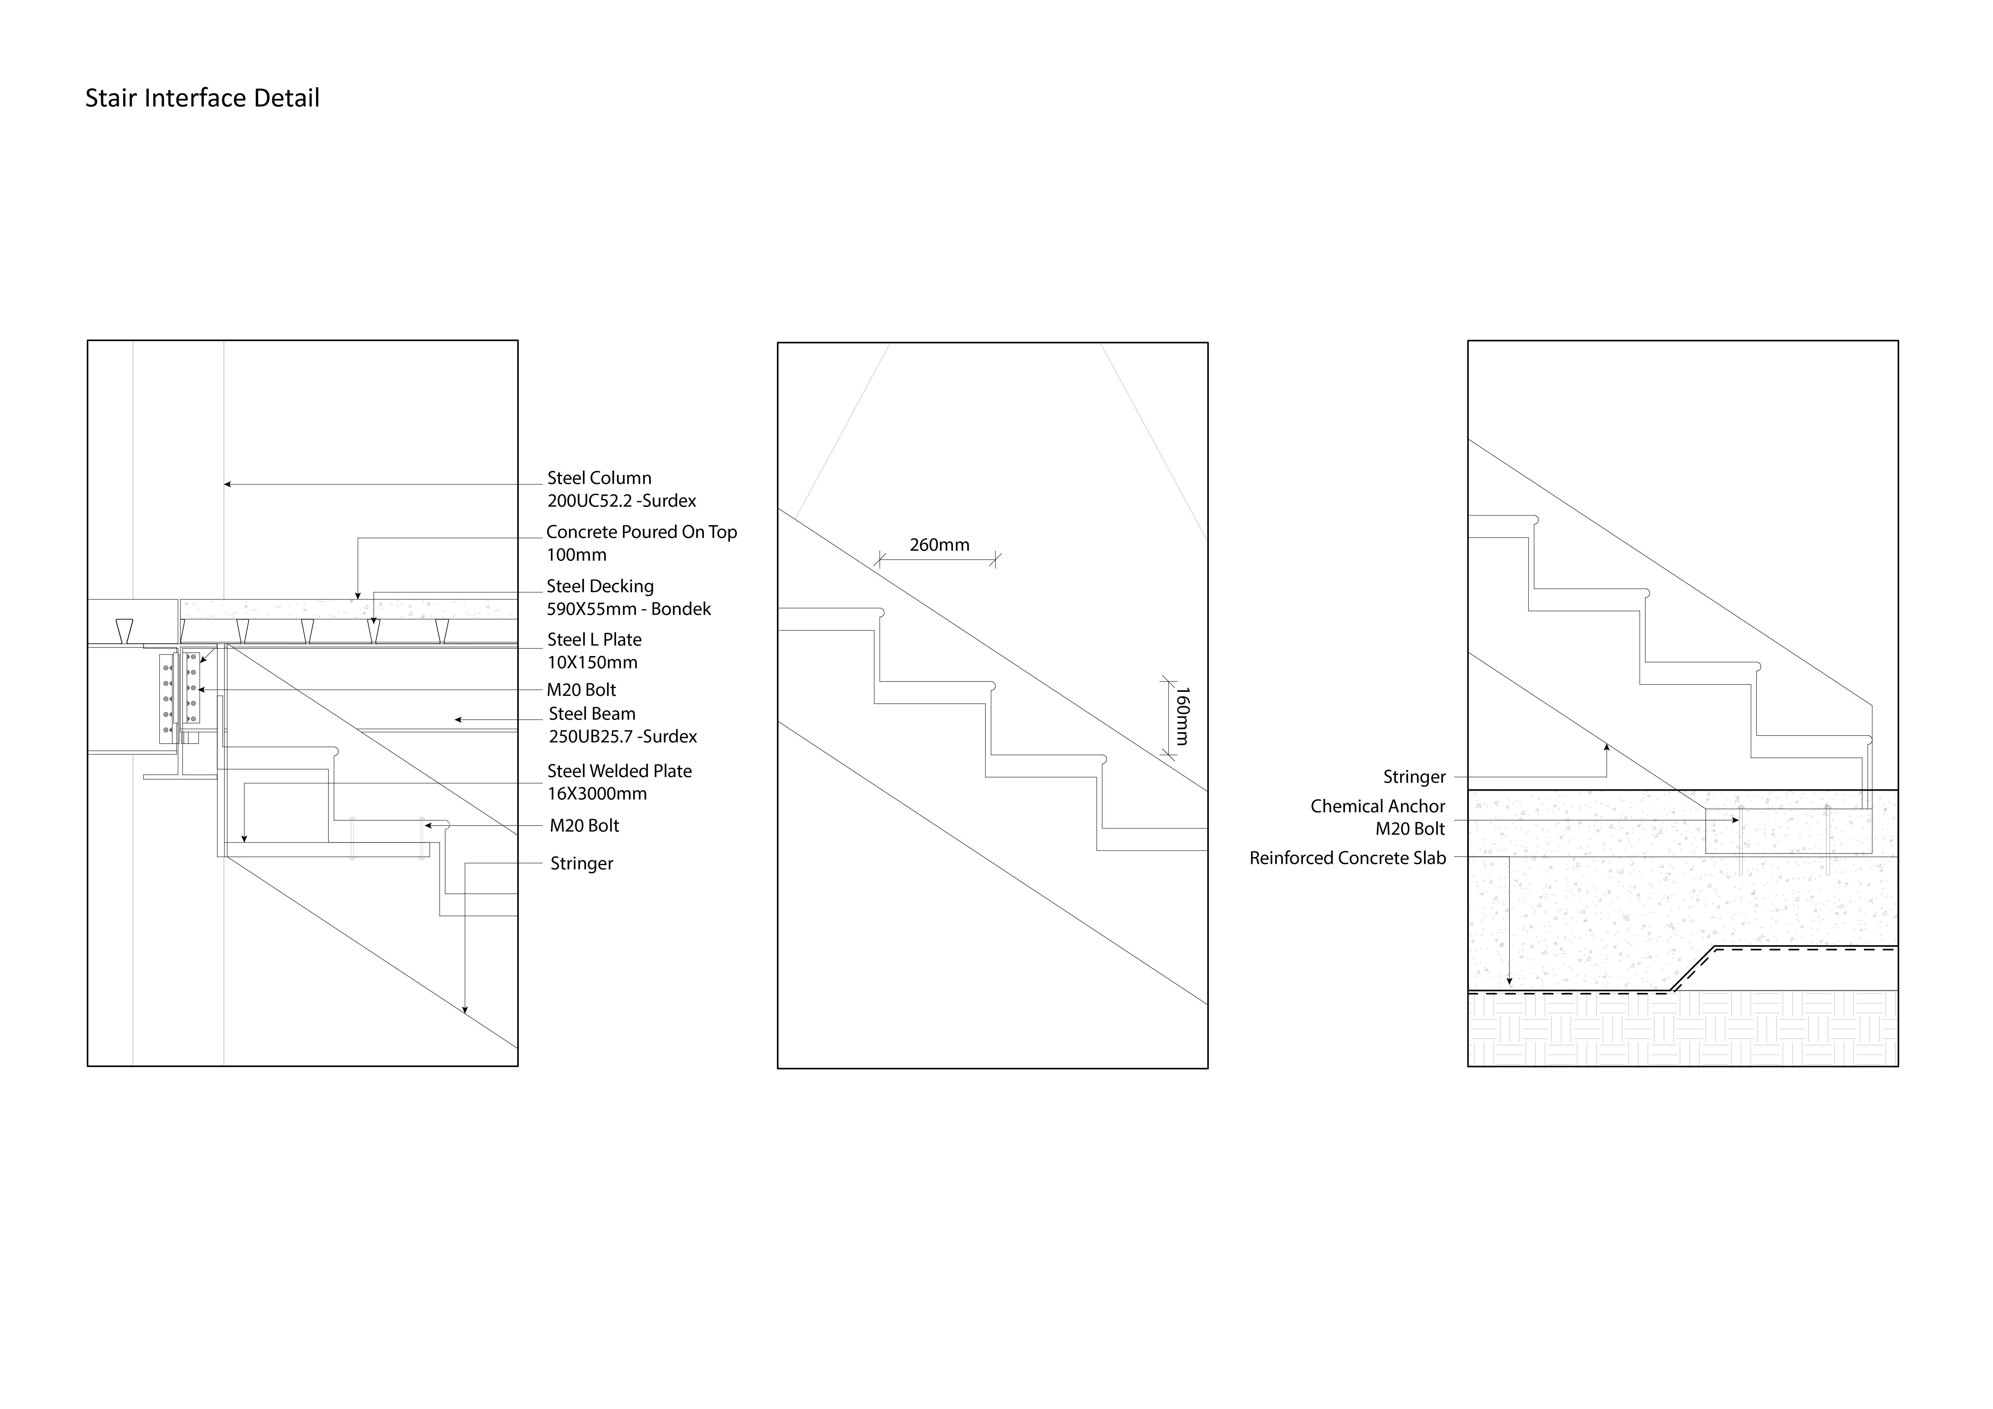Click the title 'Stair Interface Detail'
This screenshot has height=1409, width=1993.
pyautogui.click(x=202, y=98)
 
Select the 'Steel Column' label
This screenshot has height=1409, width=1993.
pyautogui.click(x=599, y=478)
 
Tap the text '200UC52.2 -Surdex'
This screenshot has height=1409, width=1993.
pyautogui.click(x=622, y=501)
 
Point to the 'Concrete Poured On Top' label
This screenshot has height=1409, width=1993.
pyautogui.click(x=641, y=532)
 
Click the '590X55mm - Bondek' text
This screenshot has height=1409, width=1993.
pyautogui.click(x=628, y=609)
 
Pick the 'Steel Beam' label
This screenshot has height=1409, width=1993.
pyautogui.click(x=592, y=714)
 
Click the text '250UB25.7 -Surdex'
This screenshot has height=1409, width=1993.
pyautogui.click(x=622, y=736)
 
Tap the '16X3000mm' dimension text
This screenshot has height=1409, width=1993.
pyautogui.click(x=597, y=794)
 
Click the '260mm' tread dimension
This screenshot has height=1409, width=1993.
pyautogui.click(x=939, y=545)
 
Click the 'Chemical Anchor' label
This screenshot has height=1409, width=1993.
pyautogui.click(x=1377, y=807)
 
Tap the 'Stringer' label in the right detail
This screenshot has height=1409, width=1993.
pyautogui.click(x=1414, y=777)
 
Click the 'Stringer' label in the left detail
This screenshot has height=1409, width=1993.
pyautogui.click(x=581, y=864)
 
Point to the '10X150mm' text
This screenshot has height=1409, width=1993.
pyautogui.click(x=592, y=662)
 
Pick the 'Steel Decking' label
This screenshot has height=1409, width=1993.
pyautogui.click(x=600, y=587)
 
